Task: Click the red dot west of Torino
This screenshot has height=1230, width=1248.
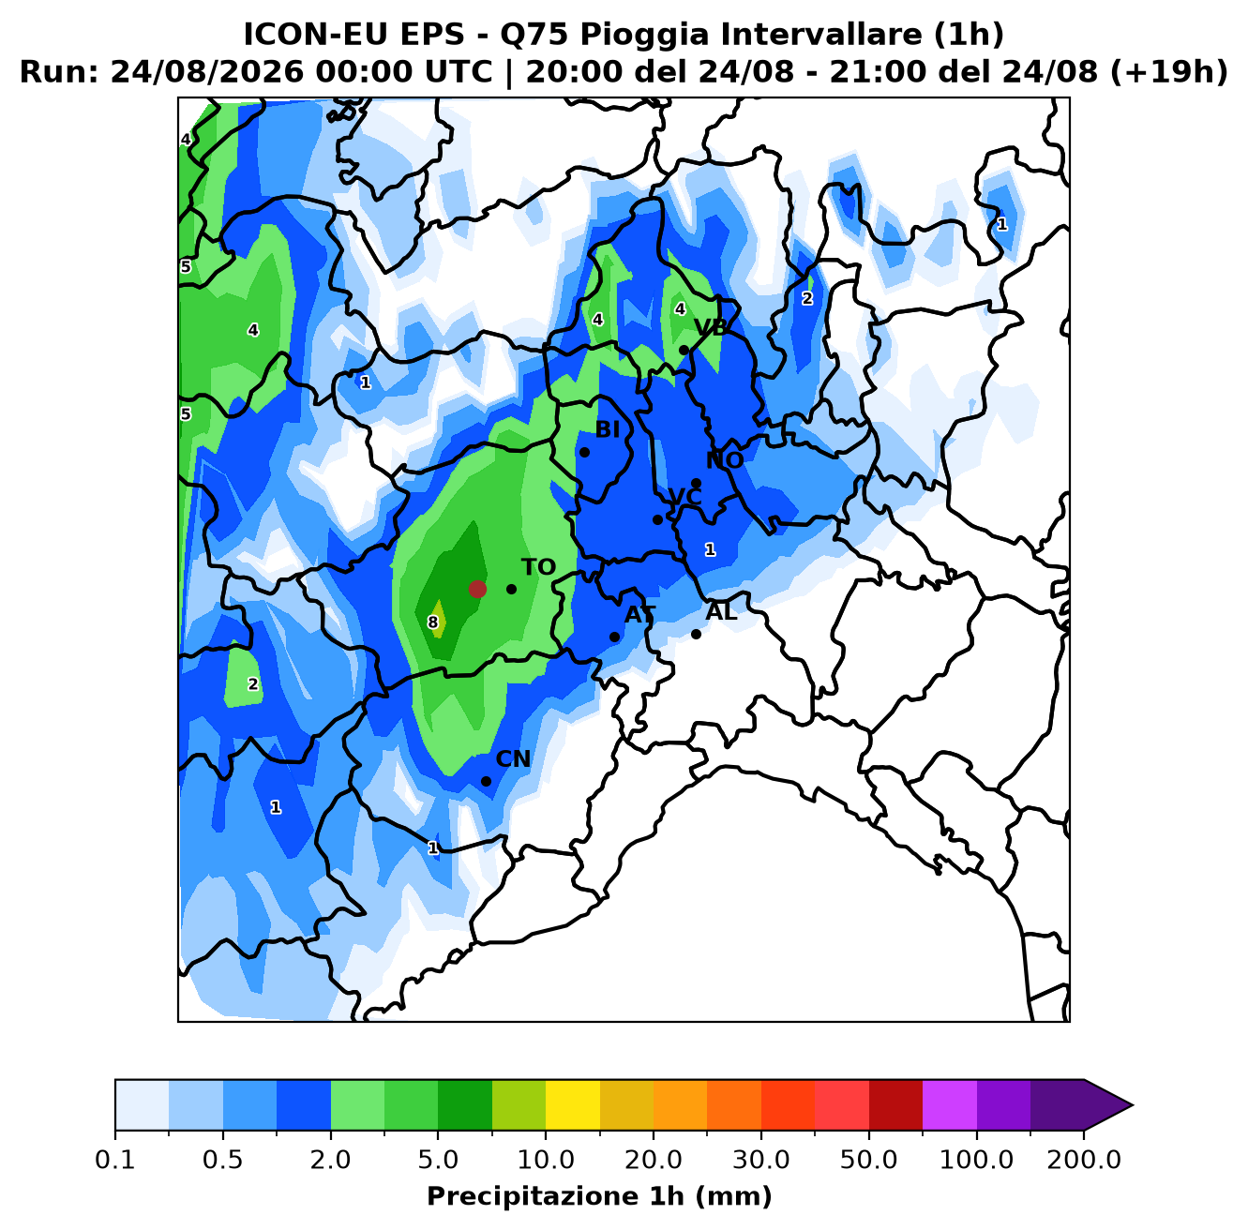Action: click(477, 589)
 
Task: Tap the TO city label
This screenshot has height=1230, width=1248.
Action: click(539, 567)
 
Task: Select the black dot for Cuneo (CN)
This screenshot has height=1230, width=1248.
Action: click(486, 781)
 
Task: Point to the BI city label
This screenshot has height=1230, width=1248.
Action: click(607, 429)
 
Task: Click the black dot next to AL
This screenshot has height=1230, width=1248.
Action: click(696, 634)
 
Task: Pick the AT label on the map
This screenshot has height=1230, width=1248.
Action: click(639, 614)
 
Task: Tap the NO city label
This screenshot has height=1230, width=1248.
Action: click(725, 460)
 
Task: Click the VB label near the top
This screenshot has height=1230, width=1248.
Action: click(711, 327)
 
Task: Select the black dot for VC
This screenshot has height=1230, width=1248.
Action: click(657, 519)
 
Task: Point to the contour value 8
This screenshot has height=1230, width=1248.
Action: click(432, 622)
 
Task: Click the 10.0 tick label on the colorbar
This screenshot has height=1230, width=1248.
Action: click(546, 1159)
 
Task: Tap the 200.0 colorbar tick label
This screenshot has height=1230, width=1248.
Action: click(1084, 1159)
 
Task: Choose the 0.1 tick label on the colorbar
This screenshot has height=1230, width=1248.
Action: click(115, 1159)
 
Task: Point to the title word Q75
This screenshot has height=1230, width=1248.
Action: click(533, 35)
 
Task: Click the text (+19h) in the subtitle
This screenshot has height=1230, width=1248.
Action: click(1168, 71)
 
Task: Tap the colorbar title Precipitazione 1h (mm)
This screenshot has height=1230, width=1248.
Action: click(599, 1195)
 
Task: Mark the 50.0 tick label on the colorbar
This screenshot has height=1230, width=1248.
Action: click(868, 1159)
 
